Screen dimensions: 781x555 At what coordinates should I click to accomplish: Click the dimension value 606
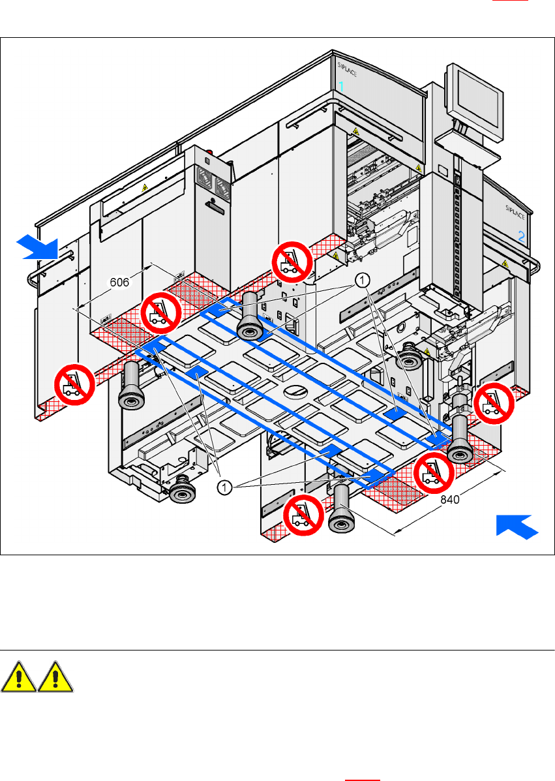(x=119, y=282)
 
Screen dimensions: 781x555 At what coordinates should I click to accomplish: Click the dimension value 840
(x=450, y=500)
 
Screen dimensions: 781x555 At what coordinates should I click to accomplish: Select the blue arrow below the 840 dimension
(x=518, y=526)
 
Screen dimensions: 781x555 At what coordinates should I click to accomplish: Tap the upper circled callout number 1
(x=363, y=279)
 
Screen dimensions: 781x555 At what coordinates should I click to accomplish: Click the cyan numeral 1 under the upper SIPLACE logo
(x=340, y=85)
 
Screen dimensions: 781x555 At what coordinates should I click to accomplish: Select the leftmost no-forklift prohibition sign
(x=73, y=384)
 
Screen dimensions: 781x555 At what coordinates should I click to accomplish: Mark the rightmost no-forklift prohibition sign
(x=492, y=405)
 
